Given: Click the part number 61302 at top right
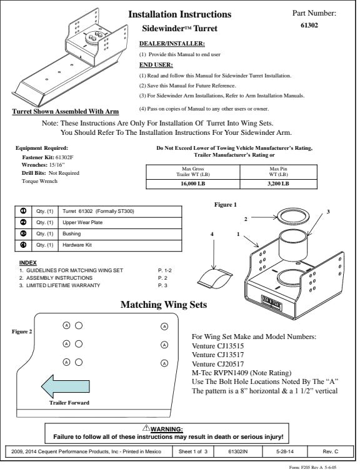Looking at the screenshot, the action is click(309, 25).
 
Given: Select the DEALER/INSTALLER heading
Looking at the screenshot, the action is click(172, 44).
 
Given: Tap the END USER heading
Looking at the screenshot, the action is click(156, 65).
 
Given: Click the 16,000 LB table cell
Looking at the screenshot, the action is click(192, 184).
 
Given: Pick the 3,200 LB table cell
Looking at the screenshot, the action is click(278, 184).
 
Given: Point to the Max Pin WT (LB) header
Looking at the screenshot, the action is click(278, 172).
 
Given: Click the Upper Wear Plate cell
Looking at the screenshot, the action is click(120, 222).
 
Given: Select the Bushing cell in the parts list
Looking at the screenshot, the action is click(120, 234).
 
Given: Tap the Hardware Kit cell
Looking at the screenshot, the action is click(120, 245).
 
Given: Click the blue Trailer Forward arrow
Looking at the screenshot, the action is click(66, 386).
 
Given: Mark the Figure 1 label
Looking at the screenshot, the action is click(226, 205).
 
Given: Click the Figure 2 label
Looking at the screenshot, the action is click(22, 332).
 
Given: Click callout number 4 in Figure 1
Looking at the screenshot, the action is click(212, 234).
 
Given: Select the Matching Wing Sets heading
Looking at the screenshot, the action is click(164, 304).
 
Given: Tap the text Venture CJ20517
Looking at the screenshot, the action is click(217, 363).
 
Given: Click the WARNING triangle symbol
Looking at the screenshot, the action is click(146, 428).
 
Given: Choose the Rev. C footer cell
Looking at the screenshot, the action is click(330, 451).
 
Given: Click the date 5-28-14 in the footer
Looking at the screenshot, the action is click(284, 451).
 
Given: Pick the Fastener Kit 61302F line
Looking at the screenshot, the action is click(47, 157).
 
